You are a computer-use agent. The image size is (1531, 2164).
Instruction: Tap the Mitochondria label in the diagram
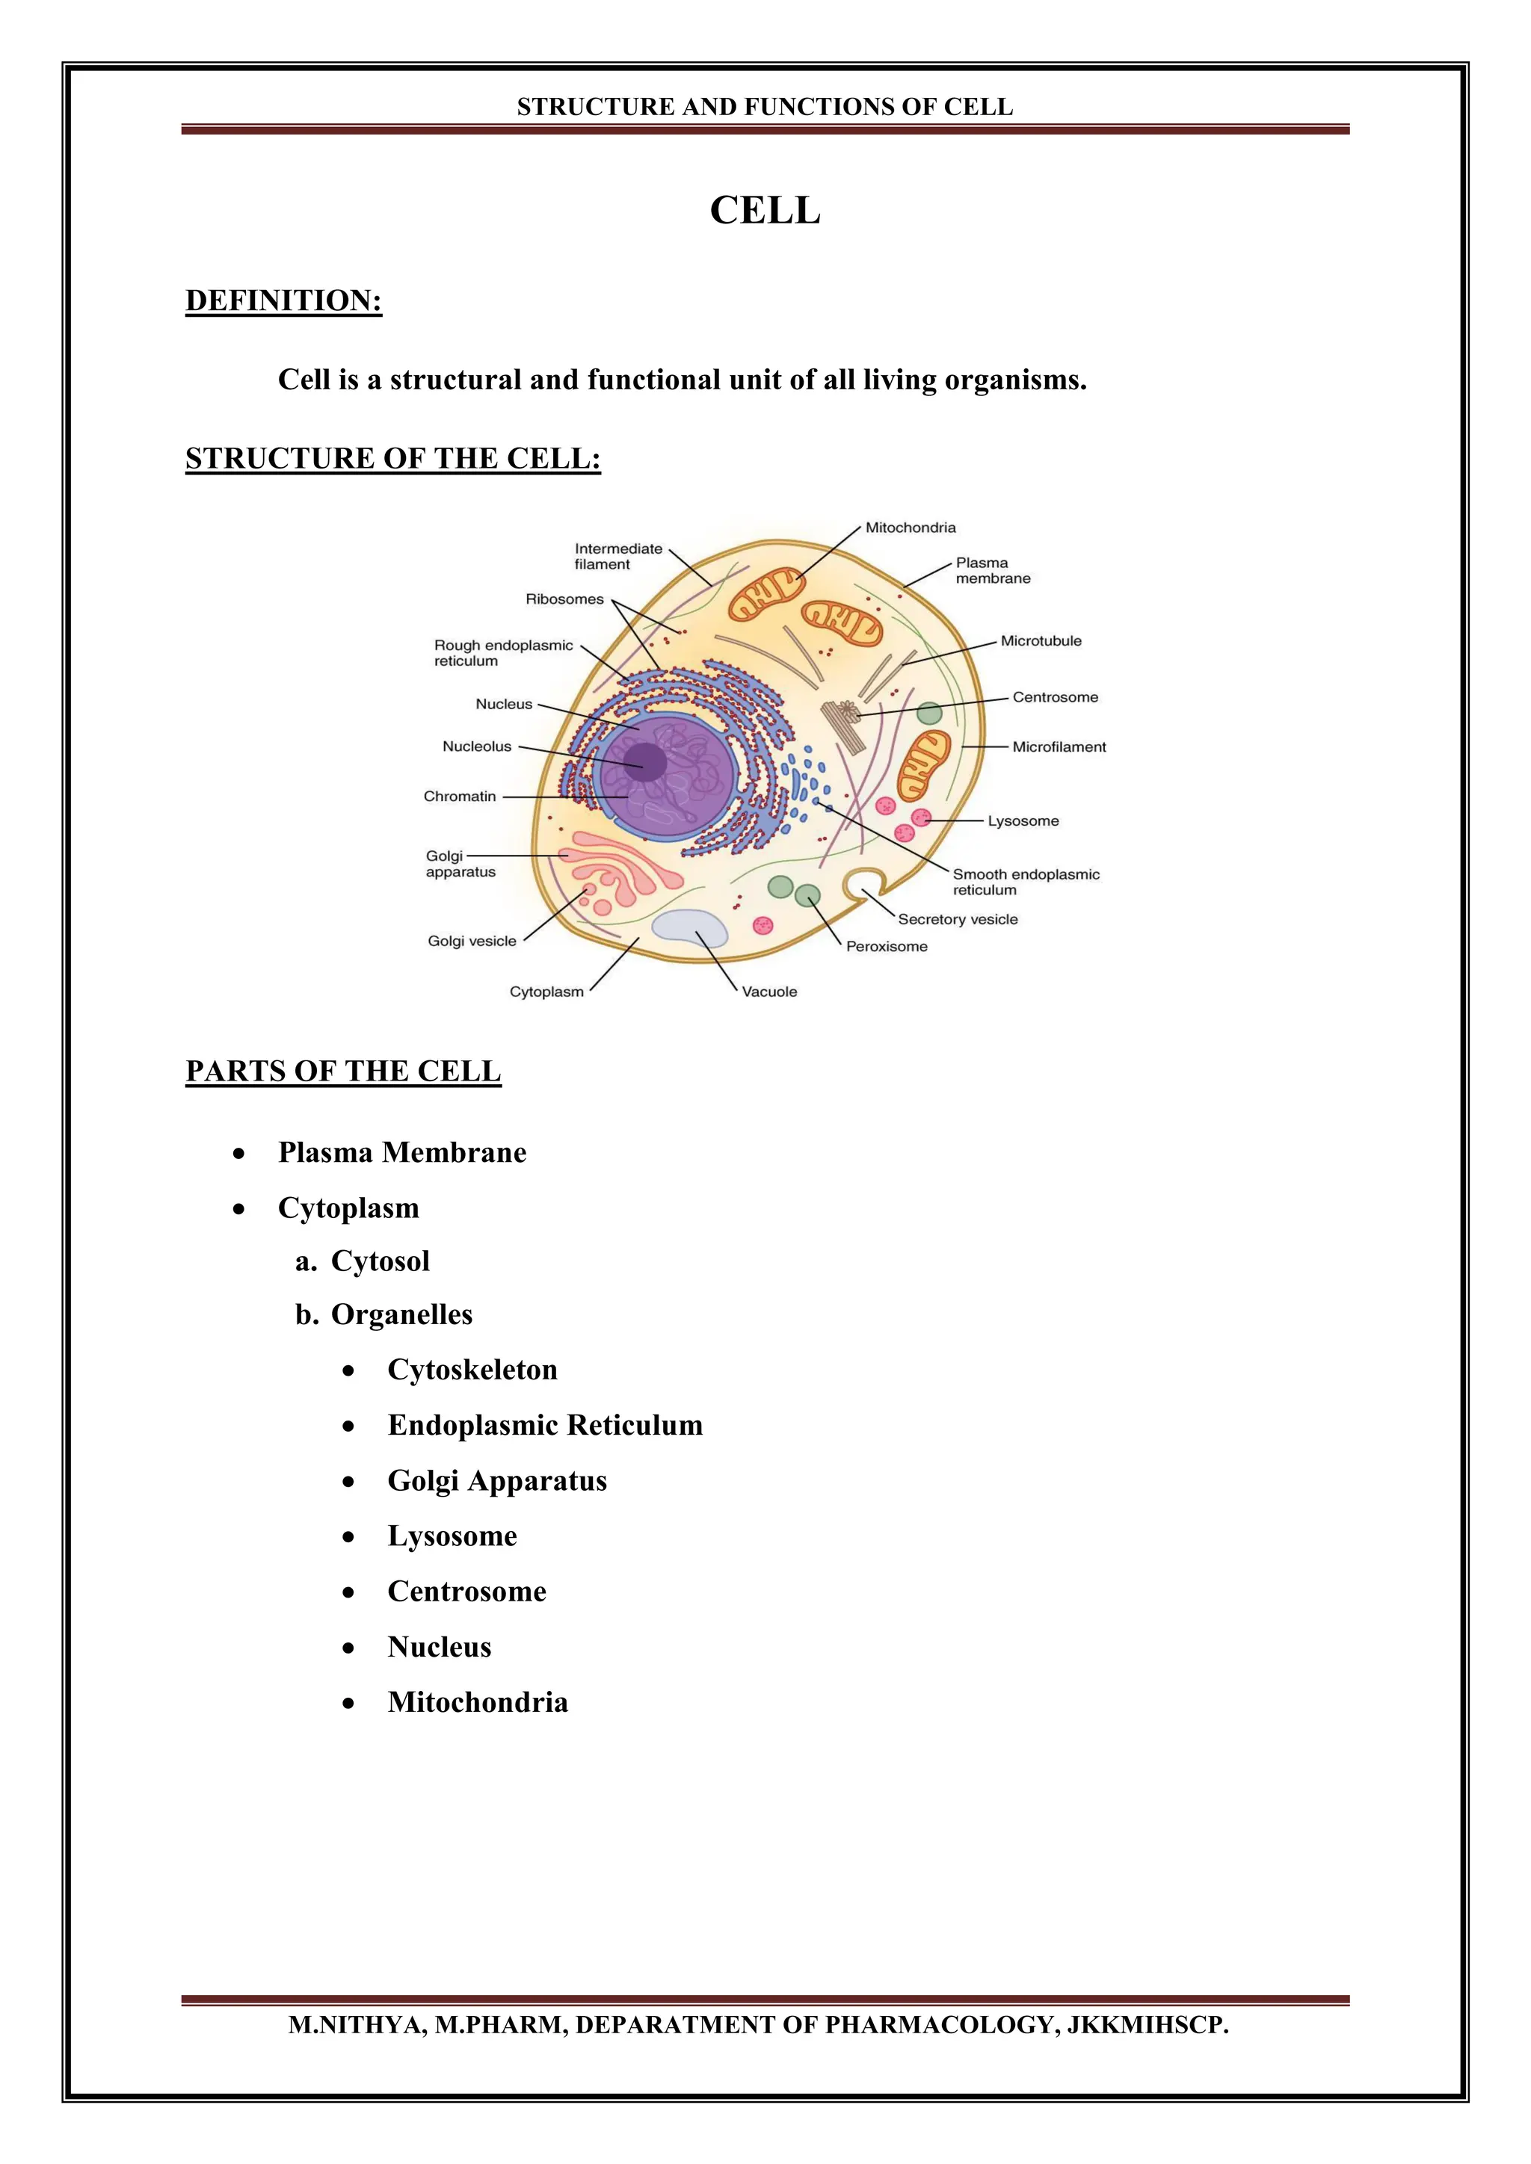click(x=910, y=528)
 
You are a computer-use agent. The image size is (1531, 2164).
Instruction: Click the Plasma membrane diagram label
click(x=993, y=570)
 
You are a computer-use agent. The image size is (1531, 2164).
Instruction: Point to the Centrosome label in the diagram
click(x=1055, y=697)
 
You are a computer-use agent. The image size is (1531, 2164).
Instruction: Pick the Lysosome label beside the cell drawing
click(x=1023, y=821)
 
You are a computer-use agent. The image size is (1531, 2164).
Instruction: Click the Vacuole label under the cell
click(x=769, y=992)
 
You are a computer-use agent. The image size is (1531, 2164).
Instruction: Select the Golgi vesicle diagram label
click(x=472, y=941)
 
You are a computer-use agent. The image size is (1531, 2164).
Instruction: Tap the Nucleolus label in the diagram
click(x=477, y=746)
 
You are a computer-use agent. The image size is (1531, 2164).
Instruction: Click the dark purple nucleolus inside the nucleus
click(x=646, y=761)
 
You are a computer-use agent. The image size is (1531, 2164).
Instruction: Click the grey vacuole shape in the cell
click(x=690, y=928)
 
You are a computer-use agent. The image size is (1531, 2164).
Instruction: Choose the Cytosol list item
click(x=380, y=1261)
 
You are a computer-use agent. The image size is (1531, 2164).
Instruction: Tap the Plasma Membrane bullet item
click(x=401, y=1153)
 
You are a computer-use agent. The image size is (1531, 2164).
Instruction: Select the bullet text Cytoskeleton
click(x=472, y=1370)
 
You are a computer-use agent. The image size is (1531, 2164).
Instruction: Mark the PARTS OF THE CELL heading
click(x=343, y=1072)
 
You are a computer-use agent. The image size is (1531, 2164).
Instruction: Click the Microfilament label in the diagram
click(x=1059, y=747)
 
